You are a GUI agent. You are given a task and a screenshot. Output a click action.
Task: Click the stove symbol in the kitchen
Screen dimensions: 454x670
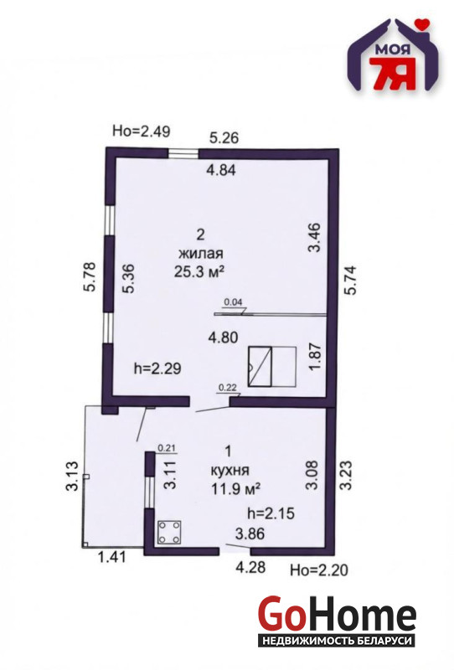coord(169,533)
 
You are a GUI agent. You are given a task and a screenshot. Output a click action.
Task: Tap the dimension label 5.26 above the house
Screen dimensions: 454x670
coord(224,137)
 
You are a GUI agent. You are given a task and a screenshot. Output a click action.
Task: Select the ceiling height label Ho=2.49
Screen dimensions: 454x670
coord(141,131)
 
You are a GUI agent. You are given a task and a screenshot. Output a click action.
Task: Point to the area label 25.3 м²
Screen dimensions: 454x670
coord(199,271)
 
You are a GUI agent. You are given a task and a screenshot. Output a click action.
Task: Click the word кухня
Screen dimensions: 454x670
coord(230,471)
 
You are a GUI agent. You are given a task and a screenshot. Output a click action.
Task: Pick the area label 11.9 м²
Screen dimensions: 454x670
coord(236,489)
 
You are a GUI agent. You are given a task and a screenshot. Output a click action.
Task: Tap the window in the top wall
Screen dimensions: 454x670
coord(183,153)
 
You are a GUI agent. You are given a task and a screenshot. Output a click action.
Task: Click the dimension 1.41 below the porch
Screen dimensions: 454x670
coord(112,557)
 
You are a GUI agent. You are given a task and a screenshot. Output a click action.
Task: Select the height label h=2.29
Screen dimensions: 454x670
coord(157,368)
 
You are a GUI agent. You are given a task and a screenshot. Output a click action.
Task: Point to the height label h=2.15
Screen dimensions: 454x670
coord(271,513)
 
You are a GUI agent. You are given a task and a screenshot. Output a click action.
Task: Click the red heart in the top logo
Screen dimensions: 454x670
coord(422,24)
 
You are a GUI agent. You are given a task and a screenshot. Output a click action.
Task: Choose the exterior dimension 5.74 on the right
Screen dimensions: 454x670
coord(350,281)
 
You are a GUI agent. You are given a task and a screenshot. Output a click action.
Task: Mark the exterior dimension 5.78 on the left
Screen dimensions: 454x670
coord(90,277)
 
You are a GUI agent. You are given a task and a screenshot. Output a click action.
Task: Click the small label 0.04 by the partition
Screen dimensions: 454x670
coord(234,301)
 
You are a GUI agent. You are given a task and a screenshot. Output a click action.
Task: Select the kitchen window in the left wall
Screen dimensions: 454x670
coord(149,492)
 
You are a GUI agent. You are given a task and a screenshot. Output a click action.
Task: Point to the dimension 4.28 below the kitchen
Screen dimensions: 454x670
coord(251,567)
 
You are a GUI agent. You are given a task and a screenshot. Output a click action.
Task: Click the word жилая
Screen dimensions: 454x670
coord(200,254)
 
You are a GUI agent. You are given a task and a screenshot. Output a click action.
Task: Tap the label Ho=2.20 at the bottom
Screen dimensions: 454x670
coord(319,569)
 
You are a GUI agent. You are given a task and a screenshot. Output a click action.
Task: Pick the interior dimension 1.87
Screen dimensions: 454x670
coord(314,358)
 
